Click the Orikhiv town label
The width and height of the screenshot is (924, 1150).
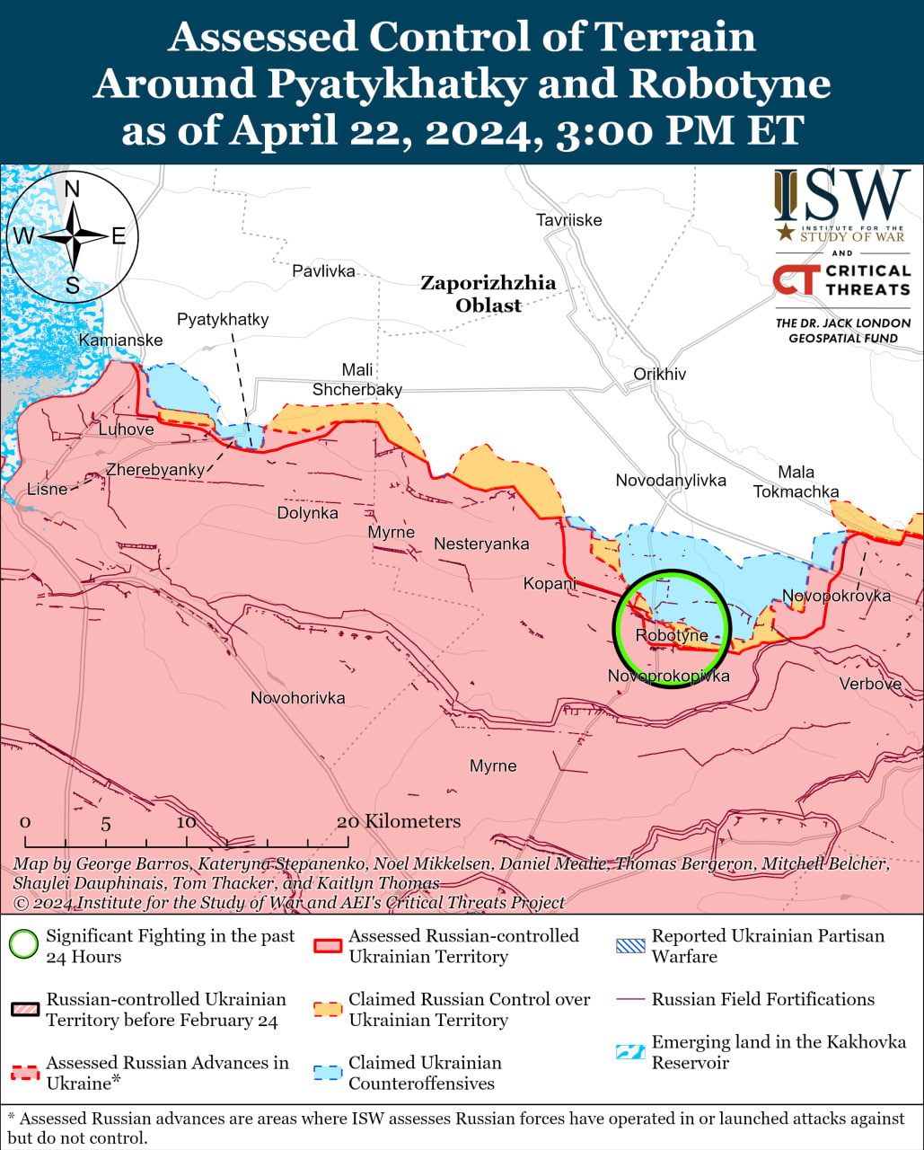(x=659, y=374)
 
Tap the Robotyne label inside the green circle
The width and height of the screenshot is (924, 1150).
(x=671, y=635)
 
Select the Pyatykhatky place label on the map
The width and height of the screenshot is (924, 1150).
(x=223, y=319)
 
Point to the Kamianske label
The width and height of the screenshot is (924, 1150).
(x=120, y=340)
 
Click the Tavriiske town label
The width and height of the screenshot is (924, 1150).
(x=568, y=220)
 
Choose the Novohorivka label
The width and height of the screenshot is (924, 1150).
(x=297, y=698)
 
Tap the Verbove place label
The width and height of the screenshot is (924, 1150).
(x=869, y=684)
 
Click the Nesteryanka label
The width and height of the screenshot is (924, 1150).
(x=481, y=544)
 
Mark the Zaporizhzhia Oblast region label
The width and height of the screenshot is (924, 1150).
(x=488, y=294)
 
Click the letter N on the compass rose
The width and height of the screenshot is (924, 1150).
(x=73, y=189)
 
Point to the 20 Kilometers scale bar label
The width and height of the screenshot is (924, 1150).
(x=399, y=821)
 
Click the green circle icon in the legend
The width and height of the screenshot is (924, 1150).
(x=24, y=945)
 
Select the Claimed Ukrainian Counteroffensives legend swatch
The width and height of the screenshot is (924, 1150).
(x=328, y=1072)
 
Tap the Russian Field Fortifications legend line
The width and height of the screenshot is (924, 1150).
(x=630, y=999)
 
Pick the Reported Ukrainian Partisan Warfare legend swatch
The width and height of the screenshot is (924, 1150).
(x=630, y=945)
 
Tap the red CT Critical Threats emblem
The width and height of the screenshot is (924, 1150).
(x=795, y=279)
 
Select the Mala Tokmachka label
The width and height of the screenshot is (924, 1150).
(x=796, y=482)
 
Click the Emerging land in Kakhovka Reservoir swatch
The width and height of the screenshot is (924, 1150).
(x=630, y=1051)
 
